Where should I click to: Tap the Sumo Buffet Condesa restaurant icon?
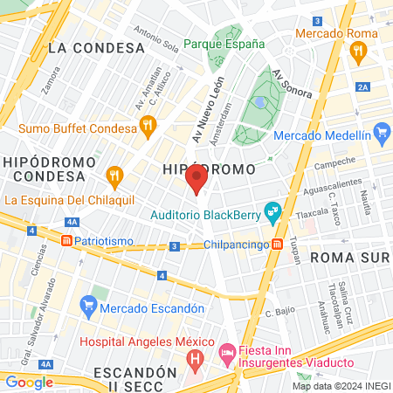point(148,125)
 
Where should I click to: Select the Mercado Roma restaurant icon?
point(358,52)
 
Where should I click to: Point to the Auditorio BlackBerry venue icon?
point(273,211)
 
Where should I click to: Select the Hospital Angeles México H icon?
point(196,357)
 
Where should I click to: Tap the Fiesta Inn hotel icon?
point(225,353)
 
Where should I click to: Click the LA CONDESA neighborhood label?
point(96,47)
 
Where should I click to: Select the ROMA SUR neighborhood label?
point(348,257)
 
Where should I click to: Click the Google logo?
point(29,382)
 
